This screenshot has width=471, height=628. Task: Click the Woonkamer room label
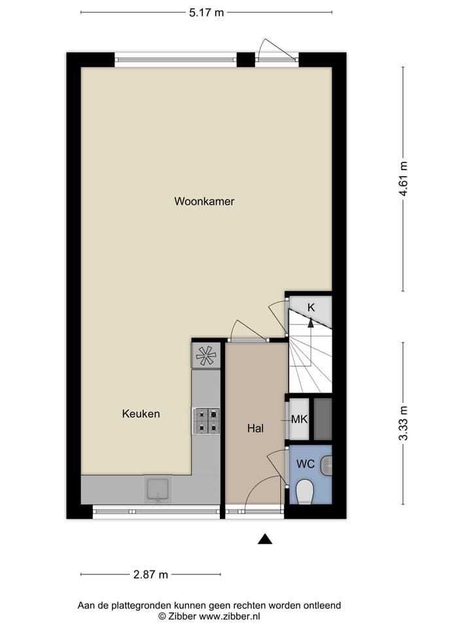[x=204, y=201]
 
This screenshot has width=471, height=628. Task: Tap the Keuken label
[x=141, y=413]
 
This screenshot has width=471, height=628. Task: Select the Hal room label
[x=255, y=429]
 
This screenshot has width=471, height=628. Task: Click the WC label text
[x=305, y=464]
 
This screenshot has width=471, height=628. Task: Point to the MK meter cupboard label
[x=299, y=419]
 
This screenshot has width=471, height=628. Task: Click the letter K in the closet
[x=311, y=307]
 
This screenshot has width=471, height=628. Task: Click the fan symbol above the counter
[x=206, y=356]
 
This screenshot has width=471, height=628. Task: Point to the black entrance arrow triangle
[x=264, y=539]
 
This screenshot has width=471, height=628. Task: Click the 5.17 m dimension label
[x=206, y=12]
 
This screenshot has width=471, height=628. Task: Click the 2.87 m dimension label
[x=150, y=575]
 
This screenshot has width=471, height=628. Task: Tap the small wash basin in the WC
[x=328, y=466]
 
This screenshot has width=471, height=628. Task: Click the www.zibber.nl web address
[x=229, y=616]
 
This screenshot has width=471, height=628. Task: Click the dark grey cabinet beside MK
[x=323, y=419]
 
